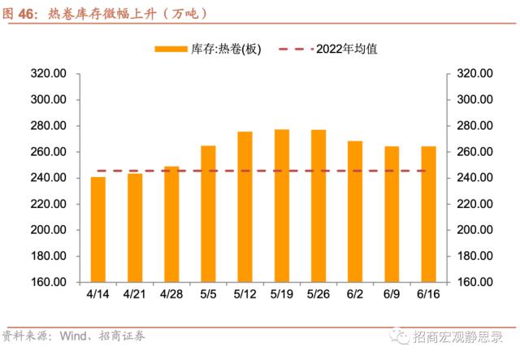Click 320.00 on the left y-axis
(x=48, y=74)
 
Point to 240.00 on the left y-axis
(x=48, y=178)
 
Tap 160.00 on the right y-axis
(x=475, y=282)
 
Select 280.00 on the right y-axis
(x=475, y=126)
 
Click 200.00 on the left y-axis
(x=48, y=230)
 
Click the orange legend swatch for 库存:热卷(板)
(x=171, y=49)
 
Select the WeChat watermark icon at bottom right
(x=397, y=336)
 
